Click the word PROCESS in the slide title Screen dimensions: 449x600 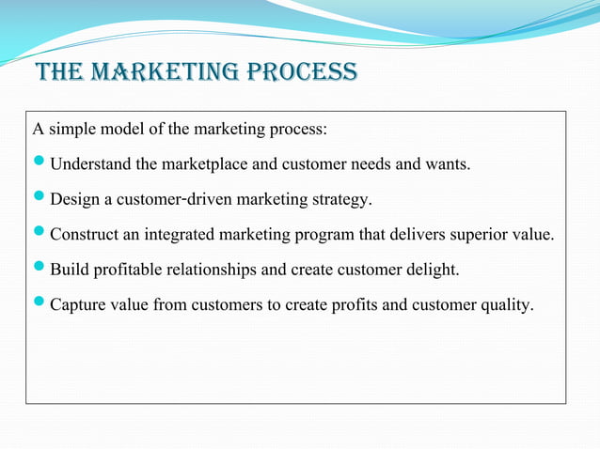point(305,72)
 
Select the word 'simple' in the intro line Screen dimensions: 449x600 point(70,129)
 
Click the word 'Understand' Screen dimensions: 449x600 point(89,165)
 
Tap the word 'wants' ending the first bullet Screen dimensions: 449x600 point(447,165)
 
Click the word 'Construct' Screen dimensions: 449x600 point(83,235)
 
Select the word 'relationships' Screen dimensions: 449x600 point(210,270)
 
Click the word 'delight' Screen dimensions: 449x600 point(435,270)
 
